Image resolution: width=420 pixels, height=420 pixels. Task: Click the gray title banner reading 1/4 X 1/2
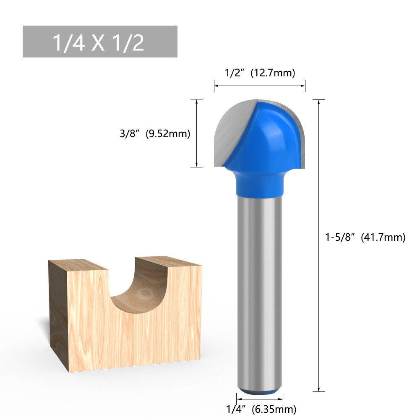point(100,42)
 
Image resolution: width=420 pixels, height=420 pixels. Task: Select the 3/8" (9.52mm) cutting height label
point(155,134)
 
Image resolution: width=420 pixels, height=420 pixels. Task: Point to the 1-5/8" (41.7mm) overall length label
point(365,237)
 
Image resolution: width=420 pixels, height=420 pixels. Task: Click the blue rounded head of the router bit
point(269,134)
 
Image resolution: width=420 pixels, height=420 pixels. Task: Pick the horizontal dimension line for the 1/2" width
point(259,86)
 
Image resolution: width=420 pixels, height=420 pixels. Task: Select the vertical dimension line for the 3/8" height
point(196,133)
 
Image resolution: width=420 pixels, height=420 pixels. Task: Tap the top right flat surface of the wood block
point(168,261)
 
